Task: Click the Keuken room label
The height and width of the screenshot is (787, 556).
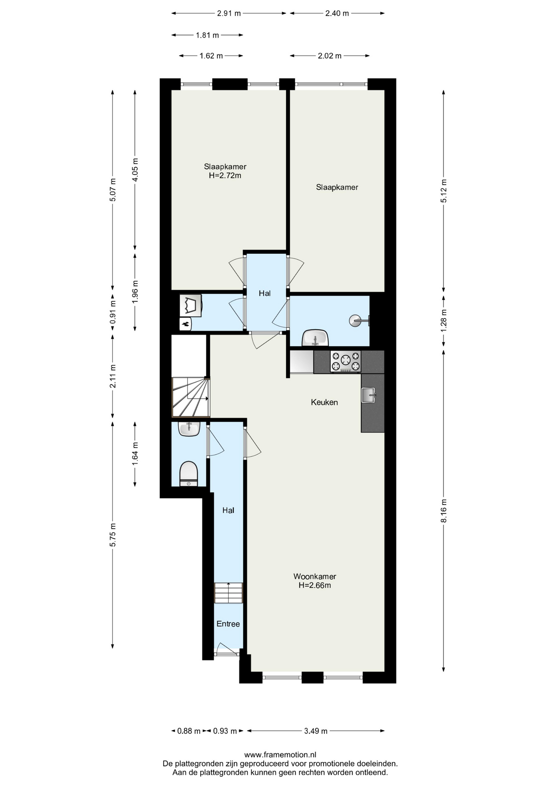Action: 324,402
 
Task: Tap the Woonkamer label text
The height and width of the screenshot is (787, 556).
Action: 314,576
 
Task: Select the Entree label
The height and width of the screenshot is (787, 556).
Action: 228,624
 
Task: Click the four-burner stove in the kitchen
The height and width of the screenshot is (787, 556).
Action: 346,362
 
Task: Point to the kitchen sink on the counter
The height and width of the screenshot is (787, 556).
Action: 368,395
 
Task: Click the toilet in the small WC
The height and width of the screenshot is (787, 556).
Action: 189,474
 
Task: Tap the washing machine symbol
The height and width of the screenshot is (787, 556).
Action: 190,305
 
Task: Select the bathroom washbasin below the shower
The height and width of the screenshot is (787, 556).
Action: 315,338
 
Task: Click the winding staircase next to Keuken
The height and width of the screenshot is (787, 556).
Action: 190,397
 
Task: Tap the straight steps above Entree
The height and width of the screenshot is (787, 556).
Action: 228,593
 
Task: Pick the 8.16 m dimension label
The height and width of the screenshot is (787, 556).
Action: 444,511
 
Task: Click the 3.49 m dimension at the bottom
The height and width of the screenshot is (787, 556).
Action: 316,731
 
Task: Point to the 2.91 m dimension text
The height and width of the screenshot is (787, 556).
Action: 229,13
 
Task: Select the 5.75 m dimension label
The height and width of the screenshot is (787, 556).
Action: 113,535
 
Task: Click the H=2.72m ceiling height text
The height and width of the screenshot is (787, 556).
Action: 225,175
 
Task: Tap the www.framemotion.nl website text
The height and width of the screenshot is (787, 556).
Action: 280,755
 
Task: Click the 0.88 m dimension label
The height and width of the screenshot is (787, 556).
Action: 189,731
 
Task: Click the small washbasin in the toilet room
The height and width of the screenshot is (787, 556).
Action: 189,429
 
